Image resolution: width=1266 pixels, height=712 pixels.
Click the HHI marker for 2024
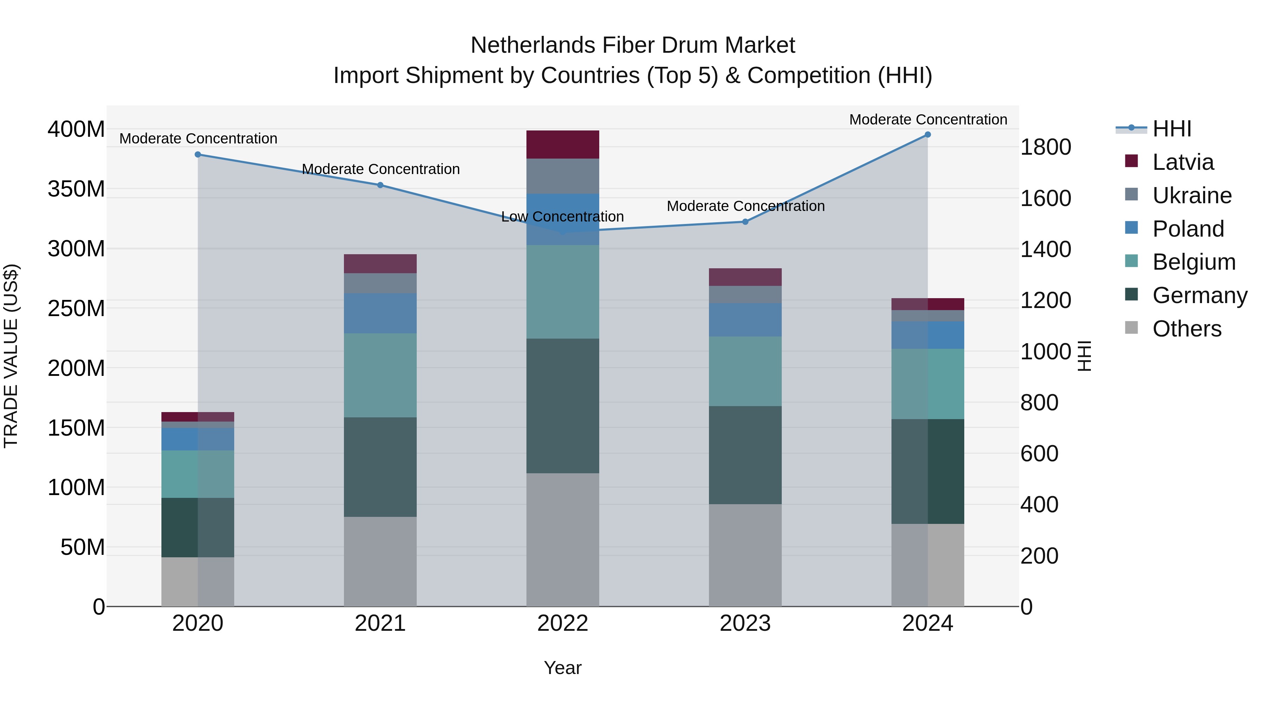(x=927, y=135)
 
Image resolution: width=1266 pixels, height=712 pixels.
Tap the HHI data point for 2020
(x=198, y=154)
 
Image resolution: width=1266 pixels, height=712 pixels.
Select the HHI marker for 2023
(x=745, y=222)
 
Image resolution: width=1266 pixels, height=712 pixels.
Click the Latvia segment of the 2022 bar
(x=562, y=145)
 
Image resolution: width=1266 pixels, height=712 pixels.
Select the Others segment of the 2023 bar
(x=745, y=555)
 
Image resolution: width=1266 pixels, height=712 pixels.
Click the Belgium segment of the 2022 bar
(x=562, y=291)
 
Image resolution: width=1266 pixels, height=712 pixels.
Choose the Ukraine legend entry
(x=1192, y=195)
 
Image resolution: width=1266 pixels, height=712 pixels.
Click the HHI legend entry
(x=1172, y=129)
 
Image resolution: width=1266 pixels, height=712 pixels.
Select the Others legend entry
(x=1187, y=329)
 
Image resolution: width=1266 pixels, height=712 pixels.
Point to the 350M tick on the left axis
(x=76, y=189)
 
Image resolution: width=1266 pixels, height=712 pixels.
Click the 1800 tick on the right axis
(x=1046, y=147)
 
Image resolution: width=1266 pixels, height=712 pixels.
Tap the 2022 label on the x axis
(x=562, y=623)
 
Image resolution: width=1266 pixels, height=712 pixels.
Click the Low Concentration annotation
(x=562, y=217)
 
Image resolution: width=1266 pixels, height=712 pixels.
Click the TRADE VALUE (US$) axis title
(x=11, y=356)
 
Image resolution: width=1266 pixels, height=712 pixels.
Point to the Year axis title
(x=562, y=668)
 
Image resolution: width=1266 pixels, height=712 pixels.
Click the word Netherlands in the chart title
(x=533, y=45)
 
